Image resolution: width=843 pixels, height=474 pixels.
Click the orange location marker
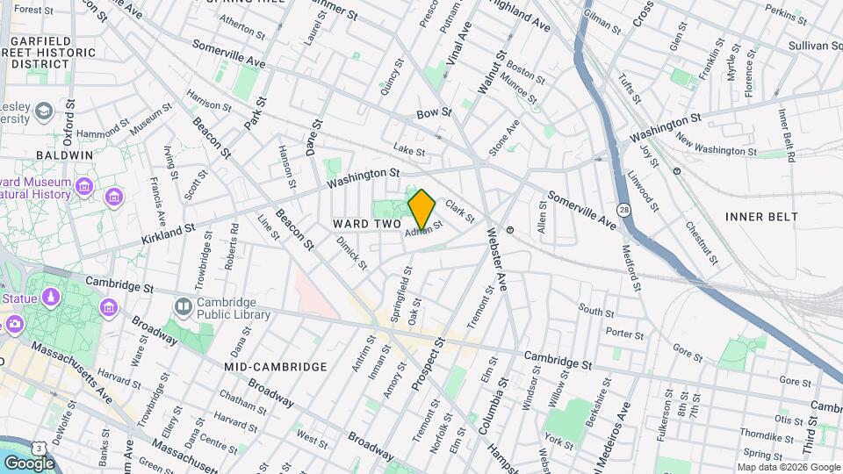click(421, 209)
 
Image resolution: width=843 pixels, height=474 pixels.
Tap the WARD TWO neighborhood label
click(367, 225)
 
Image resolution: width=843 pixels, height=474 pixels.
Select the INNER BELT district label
click(761, 216)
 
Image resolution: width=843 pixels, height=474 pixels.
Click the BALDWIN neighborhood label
click(64, 154)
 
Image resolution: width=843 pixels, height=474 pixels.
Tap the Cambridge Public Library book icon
click(184, 306)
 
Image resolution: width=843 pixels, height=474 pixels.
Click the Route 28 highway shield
click(622, 210)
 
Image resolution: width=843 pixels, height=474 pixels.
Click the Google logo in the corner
click(29, 463)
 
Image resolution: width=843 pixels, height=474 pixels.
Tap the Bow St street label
click(433, 113)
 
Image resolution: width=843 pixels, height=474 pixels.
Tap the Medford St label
click(632, 268)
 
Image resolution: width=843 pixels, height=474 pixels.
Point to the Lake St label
click(408, 151)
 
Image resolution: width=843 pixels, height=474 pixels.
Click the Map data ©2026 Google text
click(788, 467)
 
